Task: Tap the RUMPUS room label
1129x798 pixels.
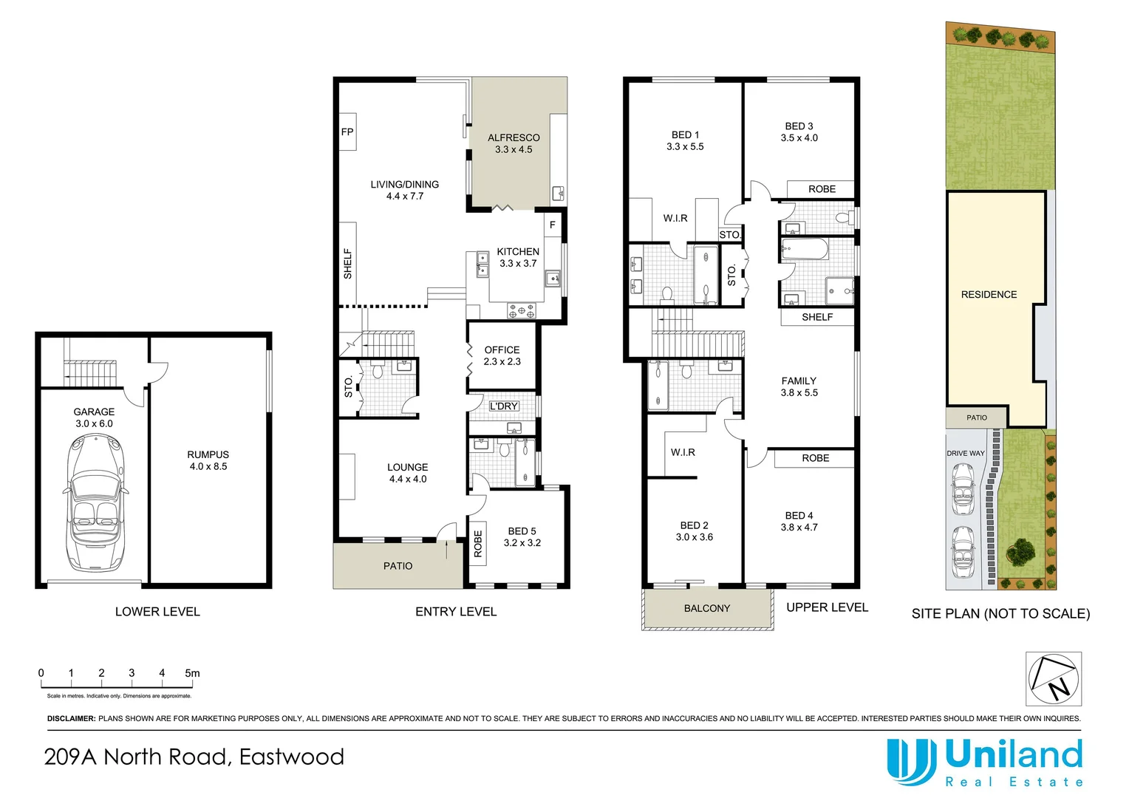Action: tap(208, 455)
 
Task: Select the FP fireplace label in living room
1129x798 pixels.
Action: tap(347, 132)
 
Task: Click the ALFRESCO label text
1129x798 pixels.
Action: tap(514, 138)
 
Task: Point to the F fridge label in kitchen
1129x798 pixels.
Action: tap(552, 225)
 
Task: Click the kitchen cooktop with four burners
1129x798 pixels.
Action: tap(522, 311)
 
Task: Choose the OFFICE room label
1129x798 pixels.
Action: tap(502, 350)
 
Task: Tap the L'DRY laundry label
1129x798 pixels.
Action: tap(504, 406)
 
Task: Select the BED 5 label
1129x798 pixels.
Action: tap(522, 531)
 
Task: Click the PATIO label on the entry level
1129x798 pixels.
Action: tap(398, 566)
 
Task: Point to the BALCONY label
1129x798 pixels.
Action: tap(706, 609)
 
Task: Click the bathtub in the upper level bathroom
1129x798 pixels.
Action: tap(805, 248)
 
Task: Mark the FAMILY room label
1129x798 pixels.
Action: tap(799, 381)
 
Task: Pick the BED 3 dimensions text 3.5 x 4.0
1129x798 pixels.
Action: tap(799, 138)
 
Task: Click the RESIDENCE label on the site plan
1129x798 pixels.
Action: tap(989, 295)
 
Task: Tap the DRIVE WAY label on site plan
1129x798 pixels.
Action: tap(966, 454)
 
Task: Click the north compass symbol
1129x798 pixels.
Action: tap(1054, 678)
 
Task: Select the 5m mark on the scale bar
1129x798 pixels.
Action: tap(192, 673)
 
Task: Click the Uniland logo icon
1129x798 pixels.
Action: tap(911, 761)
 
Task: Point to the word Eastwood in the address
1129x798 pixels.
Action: tap(292, 757)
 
